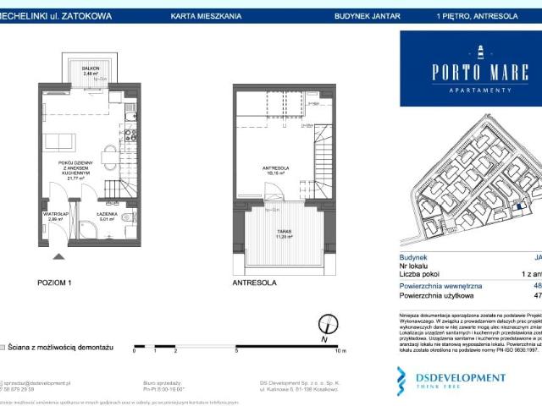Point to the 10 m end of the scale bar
tap(340, 349)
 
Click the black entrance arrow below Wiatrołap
tap(58, 255)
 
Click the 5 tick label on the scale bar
tap(237, 349)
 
